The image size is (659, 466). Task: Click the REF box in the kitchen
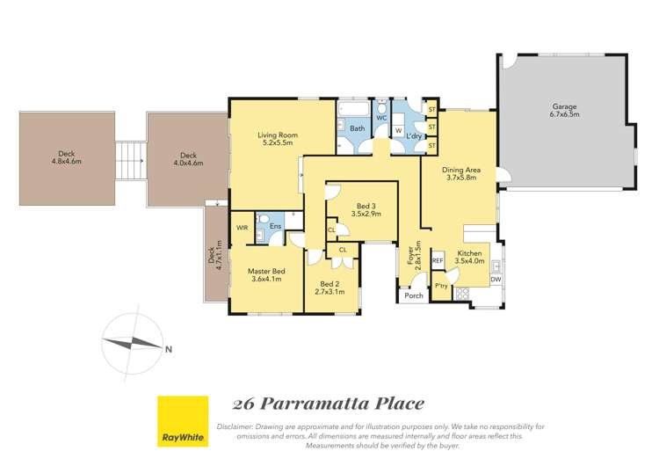(x=438, y=261)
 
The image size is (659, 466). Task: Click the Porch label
(x=413, y=296)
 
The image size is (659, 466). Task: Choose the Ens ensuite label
(x=275, y=227)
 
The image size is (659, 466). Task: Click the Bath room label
(x=358, y=128)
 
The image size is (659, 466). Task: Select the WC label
(x=382, y=117)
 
